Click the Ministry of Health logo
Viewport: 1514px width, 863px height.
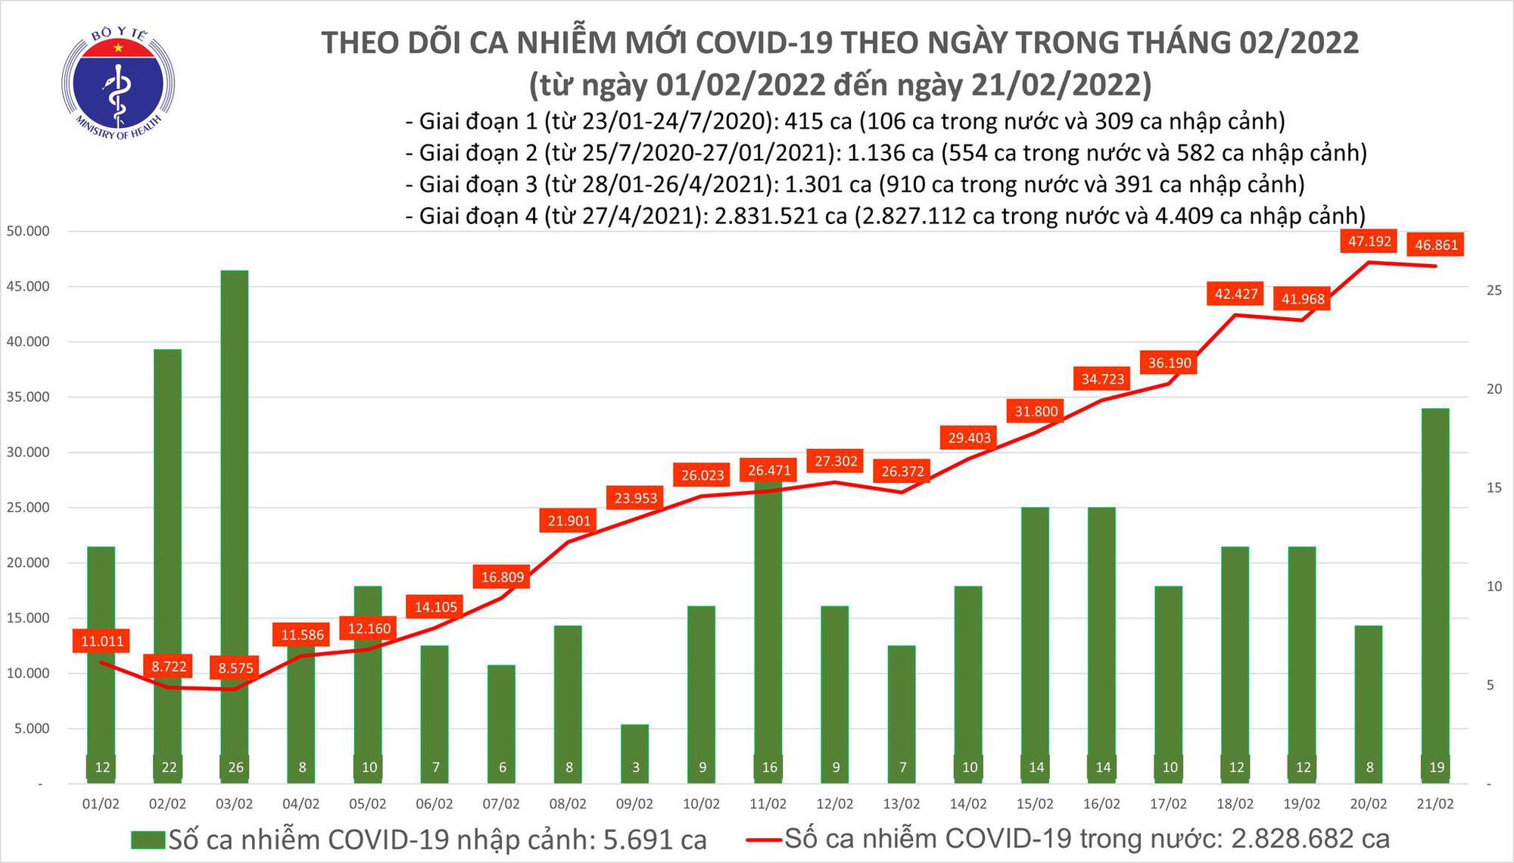118,84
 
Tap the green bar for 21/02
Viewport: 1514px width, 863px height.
1435,590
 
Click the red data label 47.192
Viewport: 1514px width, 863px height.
1369,241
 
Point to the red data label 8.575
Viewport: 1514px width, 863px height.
235,668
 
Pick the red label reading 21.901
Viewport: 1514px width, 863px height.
569,521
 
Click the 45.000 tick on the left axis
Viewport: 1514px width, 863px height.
29,286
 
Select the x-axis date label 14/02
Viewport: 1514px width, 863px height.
968,804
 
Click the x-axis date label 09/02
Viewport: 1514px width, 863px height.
634,804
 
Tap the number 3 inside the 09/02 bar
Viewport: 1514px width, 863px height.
635,768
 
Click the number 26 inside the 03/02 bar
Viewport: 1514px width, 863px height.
235,768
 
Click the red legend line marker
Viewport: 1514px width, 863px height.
763,840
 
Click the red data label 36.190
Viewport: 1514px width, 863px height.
1170,363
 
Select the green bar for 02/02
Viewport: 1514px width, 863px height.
168,560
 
